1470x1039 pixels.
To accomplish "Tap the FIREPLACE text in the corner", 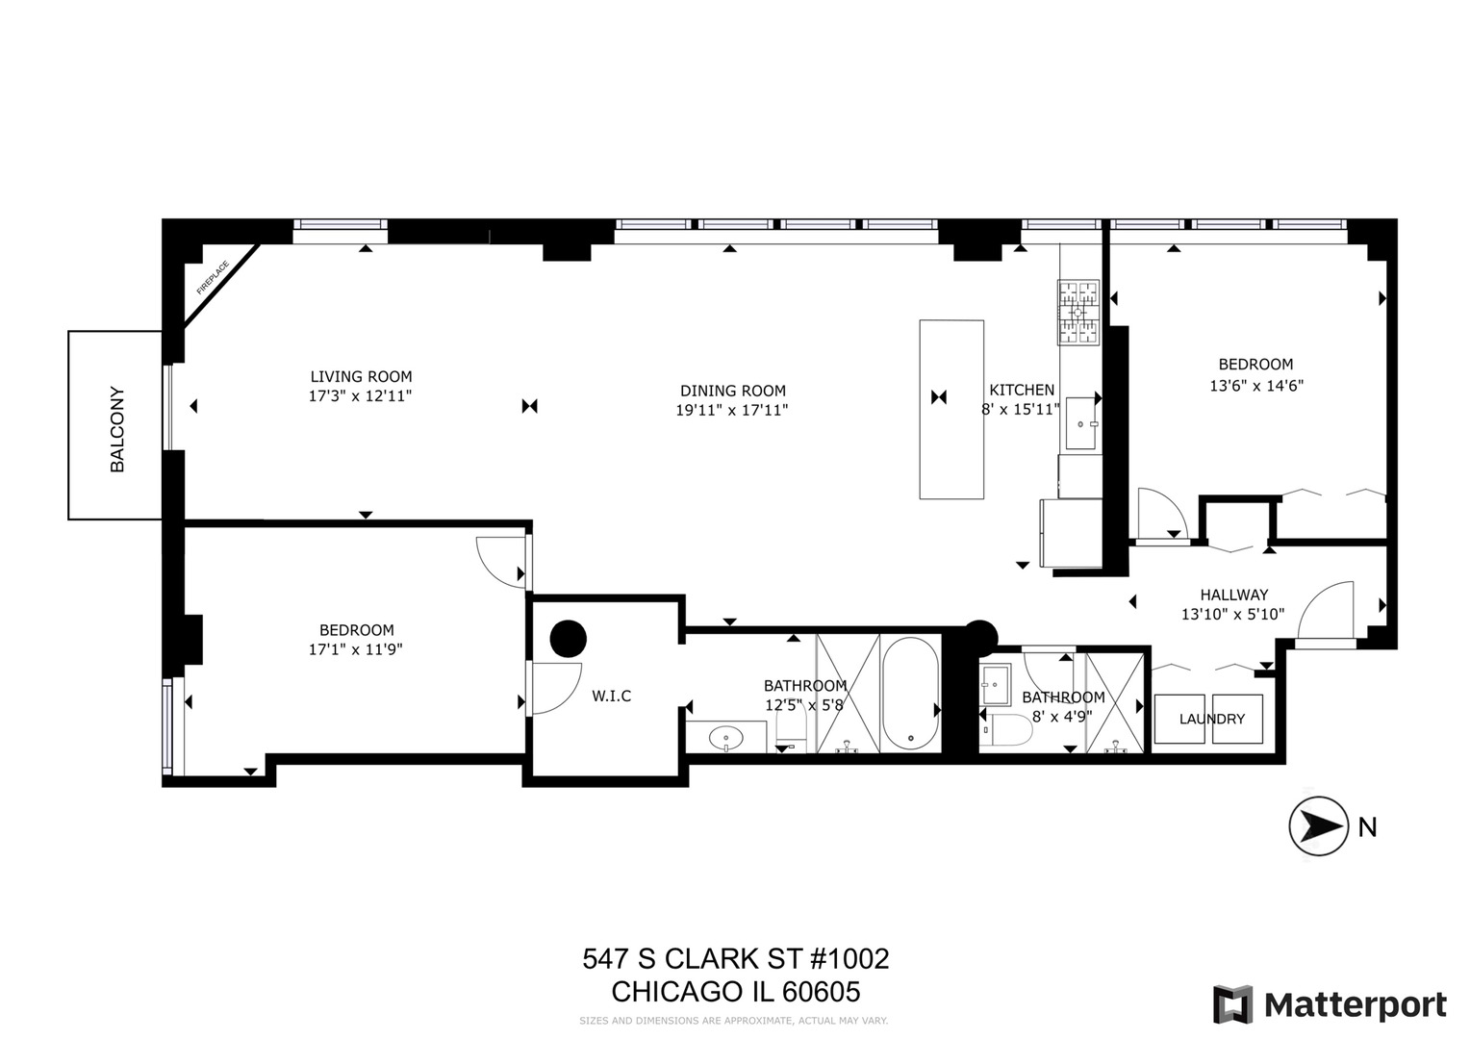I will [213, 277].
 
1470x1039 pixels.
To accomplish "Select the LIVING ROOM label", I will [361, 377].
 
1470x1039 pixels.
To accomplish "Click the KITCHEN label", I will [1022, 390].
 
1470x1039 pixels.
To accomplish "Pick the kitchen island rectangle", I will [951, 409].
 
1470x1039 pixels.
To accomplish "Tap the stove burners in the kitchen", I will [1078, 313].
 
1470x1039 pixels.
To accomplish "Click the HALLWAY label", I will [1233, 595].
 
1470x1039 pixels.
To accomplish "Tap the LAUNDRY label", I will [1211, 719].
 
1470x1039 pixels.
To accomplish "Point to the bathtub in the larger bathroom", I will [910, 695].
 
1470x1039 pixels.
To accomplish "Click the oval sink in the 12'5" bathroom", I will [725, 739].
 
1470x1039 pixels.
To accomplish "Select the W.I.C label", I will [612, 696].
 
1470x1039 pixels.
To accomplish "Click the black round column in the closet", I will [569, 637].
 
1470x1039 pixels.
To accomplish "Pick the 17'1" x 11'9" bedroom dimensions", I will [356, 649].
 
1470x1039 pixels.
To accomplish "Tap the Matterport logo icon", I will [1232, 1005].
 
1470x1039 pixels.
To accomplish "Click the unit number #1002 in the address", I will [844, 959].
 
